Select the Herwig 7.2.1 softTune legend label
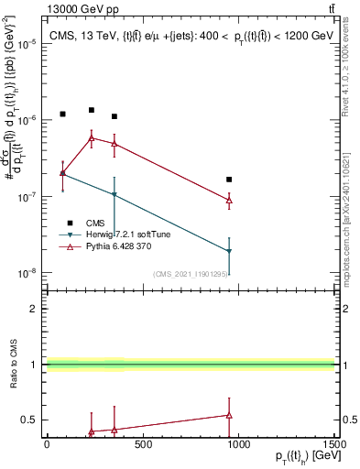pos(127,234)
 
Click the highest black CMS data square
pos(91,110)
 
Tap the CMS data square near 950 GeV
pos(229,180)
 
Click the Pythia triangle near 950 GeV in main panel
pos(229,200)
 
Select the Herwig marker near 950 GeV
pos(229,251)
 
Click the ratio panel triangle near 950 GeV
pos(229,415)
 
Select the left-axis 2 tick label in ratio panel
pos(33,309)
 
